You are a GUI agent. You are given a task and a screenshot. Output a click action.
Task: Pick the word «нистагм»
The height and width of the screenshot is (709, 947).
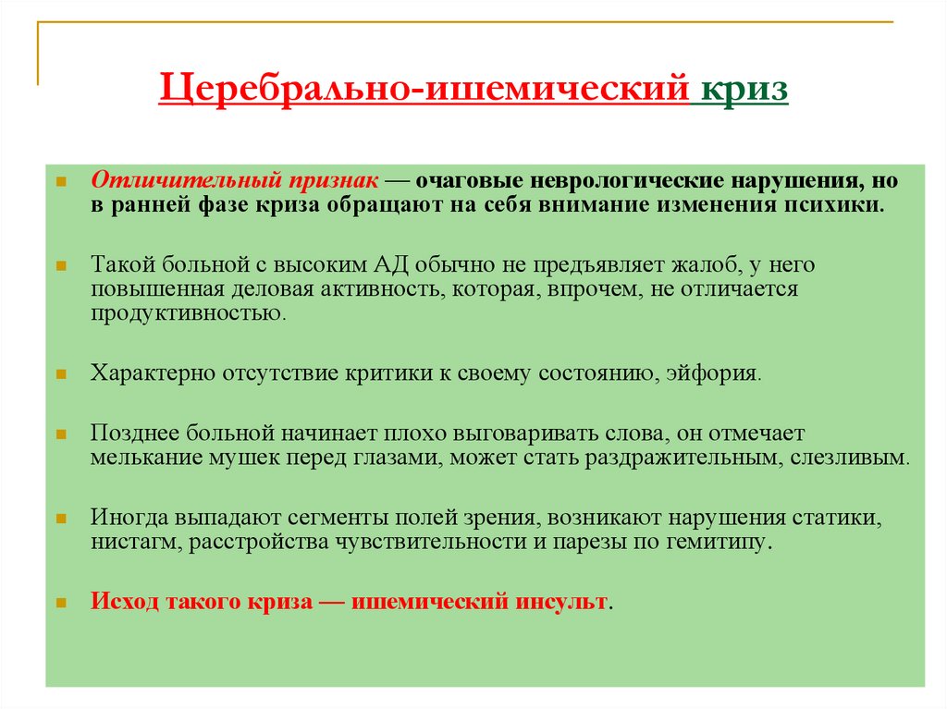(x=135, y=543)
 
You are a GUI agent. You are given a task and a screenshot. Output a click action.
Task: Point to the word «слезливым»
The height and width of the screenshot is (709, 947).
(x=849, y=458)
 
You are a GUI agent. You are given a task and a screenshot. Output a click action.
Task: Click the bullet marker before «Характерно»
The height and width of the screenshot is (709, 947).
(x=60, y=374)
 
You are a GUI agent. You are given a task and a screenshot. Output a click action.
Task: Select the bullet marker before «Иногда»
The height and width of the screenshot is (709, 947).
(x=60, y=520)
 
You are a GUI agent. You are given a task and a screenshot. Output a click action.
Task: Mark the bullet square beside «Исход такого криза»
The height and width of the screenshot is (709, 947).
(x=60, y=603)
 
